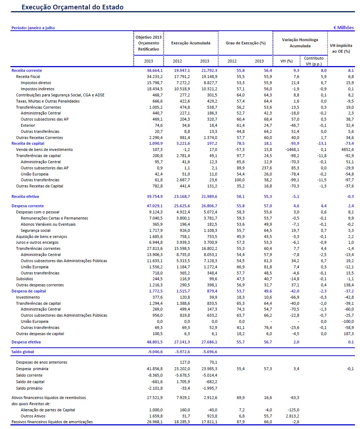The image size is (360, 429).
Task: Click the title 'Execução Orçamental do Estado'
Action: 73,7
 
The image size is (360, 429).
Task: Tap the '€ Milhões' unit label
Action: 343,28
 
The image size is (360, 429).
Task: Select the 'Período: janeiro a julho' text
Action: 33,28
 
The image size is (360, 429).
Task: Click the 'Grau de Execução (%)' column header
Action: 245,43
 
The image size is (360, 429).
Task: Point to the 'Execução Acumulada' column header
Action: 190,43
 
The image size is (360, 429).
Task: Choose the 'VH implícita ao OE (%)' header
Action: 341,48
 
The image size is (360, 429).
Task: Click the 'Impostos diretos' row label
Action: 38,83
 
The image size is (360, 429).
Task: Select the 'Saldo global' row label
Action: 23,352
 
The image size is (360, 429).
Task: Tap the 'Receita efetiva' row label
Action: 25,196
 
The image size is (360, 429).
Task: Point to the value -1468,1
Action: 291,149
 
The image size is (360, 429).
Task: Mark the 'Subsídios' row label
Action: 25,279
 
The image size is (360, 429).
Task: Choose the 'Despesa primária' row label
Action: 32,369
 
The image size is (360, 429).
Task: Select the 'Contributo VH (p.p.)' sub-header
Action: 313,61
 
